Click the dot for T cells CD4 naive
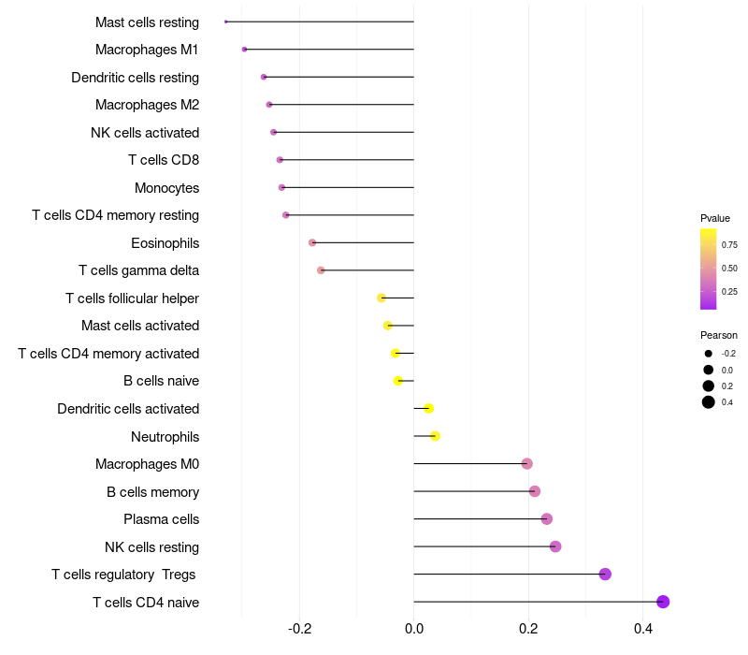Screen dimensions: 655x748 (x=663, y=602)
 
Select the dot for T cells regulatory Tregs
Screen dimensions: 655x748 (x=605, y=575)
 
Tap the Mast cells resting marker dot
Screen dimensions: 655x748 (x=226, y=22)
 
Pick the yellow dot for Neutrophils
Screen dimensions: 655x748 (x=435, y=436)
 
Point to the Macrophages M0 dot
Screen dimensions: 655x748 (x=527, y=464)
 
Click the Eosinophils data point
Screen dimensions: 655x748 (x=312, y=242)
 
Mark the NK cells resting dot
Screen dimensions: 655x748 (x=555, y=546)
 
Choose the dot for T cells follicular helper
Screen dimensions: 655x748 (x=381, y=298)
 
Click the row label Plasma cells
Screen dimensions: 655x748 (x=161, y=519)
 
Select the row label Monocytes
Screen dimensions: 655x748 (x=166, y=188)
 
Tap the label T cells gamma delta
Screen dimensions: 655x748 (x=138, y=270)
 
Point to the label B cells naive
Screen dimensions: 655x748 (x=161, y=381)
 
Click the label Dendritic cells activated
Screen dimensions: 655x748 (x=128, y=409)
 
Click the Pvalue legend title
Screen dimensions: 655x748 (x=715, y=218)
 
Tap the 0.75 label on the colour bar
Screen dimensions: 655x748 (x=729, y=245)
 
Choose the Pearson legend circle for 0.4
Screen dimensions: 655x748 (x=709, y=402)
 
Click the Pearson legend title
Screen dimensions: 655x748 (x=719, y=335)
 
